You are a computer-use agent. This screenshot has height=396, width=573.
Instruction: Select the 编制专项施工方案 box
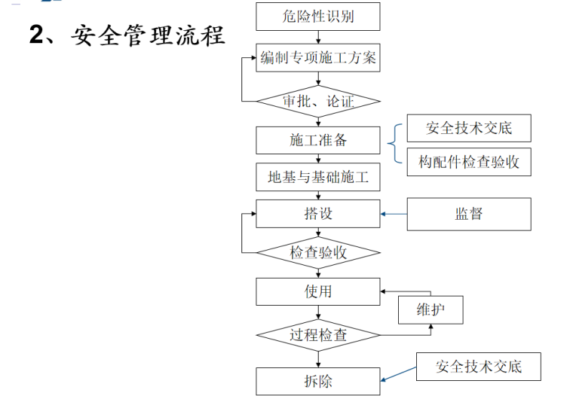318,57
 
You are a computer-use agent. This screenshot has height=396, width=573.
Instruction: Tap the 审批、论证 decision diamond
318,100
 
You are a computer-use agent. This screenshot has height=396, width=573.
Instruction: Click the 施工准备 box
318,140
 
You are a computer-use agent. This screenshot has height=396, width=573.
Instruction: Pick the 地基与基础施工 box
318,178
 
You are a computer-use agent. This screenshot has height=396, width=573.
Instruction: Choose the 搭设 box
318,213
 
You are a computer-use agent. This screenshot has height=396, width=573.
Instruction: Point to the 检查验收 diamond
318,252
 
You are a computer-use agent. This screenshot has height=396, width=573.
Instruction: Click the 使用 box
318,291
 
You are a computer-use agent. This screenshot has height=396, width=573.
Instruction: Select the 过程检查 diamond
318,334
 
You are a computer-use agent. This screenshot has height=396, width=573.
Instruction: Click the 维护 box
430,310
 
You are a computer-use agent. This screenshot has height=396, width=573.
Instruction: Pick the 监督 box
468,214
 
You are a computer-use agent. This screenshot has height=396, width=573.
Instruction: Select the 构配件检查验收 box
468,162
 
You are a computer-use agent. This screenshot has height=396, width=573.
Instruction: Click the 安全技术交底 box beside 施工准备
468,128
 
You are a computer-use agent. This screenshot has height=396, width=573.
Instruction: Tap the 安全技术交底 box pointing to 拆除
478,367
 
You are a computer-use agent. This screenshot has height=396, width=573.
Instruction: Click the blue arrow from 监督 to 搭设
394,214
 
